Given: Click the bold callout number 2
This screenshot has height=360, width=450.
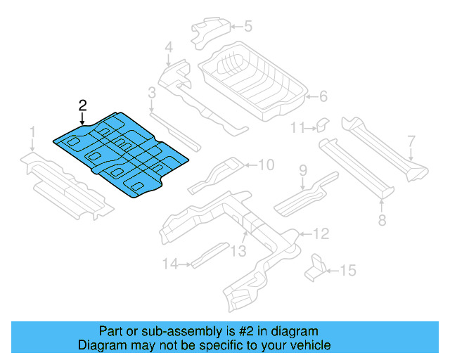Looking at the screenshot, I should [83, 105].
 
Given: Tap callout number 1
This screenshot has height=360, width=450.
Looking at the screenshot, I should [32, 132].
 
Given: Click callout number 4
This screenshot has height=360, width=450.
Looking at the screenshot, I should [168, 48].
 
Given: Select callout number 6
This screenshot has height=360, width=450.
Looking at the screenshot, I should [323, 96].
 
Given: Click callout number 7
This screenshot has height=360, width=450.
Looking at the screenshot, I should [411, 141].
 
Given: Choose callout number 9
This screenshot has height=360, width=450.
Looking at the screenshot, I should [303, 169].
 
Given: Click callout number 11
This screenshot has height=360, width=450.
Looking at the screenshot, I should [297, 127].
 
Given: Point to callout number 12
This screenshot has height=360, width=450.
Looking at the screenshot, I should [320, 233].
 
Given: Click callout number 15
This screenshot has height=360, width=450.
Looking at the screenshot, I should [348, 270].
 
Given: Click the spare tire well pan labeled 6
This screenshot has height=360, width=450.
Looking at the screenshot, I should [253, 81].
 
